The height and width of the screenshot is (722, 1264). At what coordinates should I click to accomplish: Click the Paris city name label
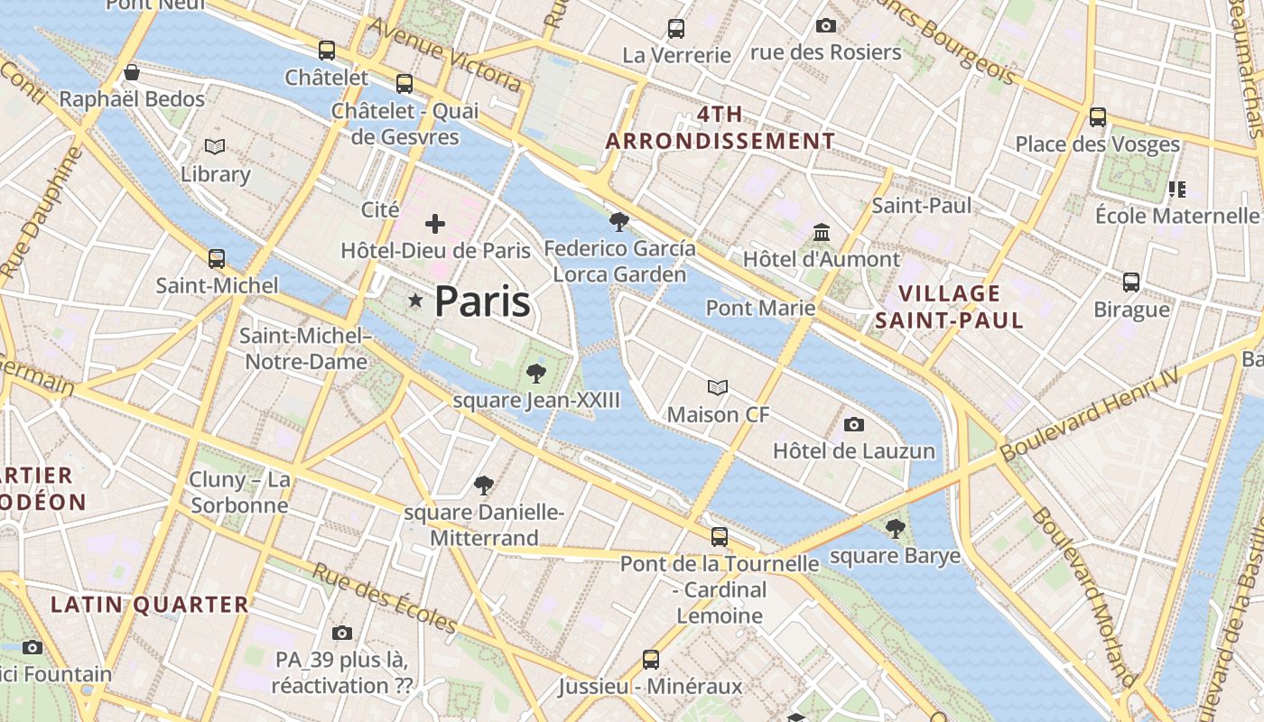[482, 301]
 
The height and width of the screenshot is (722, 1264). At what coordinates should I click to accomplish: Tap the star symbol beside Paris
[415, 301]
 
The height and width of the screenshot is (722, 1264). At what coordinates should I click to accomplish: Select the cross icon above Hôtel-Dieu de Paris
[435, 223]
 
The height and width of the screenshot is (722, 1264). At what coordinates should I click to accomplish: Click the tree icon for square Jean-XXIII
[536, 373]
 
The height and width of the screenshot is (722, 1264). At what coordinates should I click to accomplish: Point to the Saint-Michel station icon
[217, 259]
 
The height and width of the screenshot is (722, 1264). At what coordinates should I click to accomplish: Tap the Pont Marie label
[760, 308]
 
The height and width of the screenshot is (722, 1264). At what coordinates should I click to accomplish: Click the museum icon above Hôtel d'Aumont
[822, 233]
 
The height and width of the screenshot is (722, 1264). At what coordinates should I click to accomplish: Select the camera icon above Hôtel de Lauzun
[853, 424]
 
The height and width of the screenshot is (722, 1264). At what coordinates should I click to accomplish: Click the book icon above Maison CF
[718, 388]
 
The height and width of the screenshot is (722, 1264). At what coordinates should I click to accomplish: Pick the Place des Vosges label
[1097, 143]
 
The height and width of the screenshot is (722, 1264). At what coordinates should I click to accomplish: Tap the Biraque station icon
[1131, 282]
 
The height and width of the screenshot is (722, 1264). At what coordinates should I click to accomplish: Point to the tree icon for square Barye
[895, 529]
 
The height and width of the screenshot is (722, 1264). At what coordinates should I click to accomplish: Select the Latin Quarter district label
[149, 605]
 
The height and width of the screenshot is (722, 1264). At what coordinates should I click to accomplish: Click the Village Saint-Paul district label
[950, 306]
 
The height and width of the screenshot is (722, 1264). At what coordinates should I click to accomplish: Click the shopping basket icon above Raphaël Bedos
[132, 72]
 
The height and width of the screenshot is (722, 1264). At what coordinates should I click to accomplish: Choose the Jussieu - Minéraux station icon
[651, 659]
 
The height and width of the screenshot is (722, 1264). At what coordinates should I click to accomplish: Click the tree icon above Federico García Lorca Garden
[619, 221]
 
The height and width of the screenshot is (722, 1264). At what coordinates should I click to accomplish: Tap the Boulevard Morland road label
[1083, 596]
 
